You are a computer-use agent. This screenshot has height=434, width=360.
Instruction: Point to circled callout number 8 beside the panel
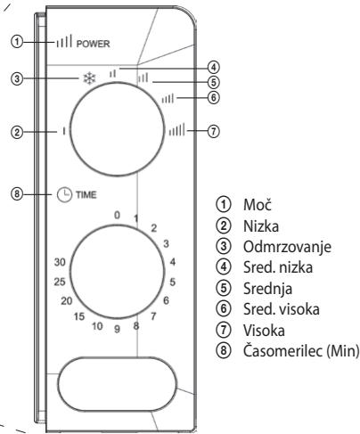16,191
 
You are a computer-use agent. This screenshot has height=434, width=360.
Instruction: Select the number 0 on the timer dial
116,215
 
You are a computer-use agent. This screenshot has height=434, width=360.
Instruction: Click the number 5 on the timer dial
175,281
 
